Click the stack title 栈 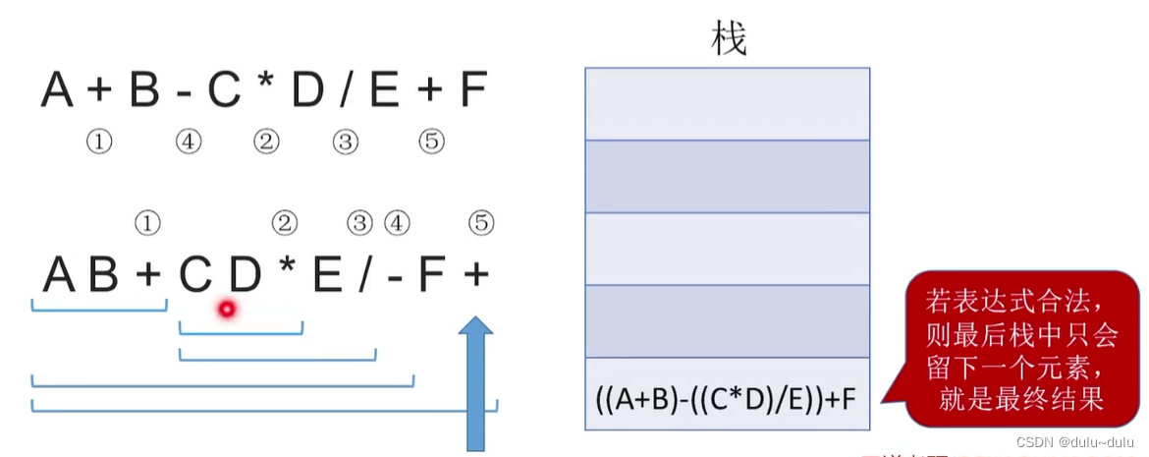click(728, 39)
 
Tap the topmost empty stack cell click(727, 104)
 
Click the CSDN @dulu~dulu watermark click(1074, 441)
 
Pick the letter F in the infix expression click(472, 91)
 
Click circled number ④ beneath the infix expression click(189, 143)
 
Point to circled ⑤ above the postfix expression click(480, 224)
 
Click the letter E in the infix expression click(384, 91)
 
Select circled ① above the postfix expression click(146, 224)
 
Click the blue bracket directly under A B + click(99, 309)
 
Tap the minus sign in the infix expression click(184, 92)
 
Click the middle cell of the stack click(727, 249)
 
